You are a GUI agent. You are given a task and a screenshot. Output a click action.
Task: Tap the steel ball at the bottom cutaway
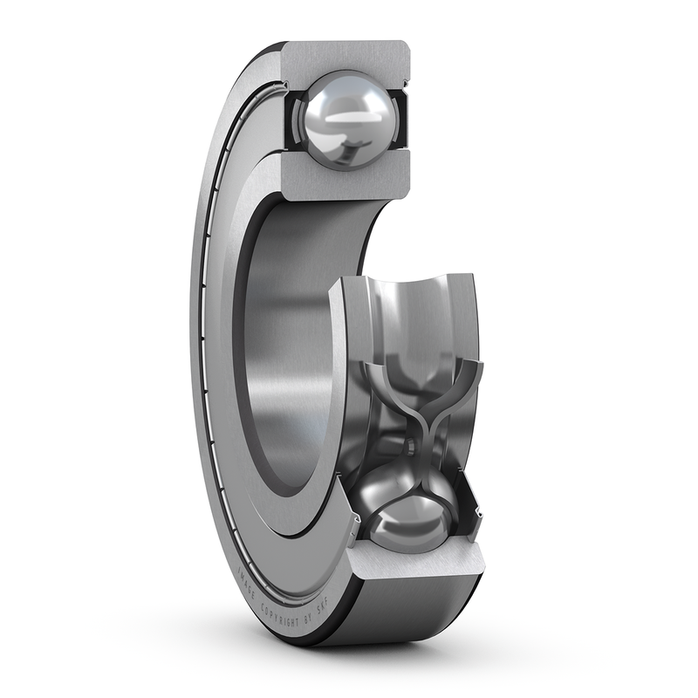pos(410,520)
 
